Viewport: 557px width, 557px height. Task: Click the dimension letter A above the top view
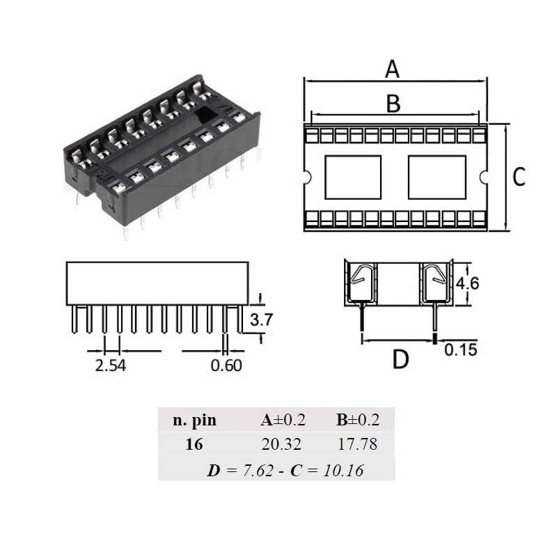tap(393, 70)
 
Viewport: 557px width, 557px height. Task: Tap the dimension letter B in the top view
tap(393, 103)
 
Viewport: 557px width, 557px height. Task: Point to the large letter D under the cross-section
tap(400, 360)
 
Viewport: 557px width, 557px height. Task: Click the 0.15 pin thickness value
tap(460, 350)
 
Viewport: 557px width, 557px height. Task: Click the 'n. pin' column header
tap(194, 421)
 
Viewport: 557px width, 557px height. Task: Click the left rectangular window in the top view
tap(354, 178)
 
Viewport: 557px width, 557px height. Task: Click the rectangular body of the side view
tap(157, 283)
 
